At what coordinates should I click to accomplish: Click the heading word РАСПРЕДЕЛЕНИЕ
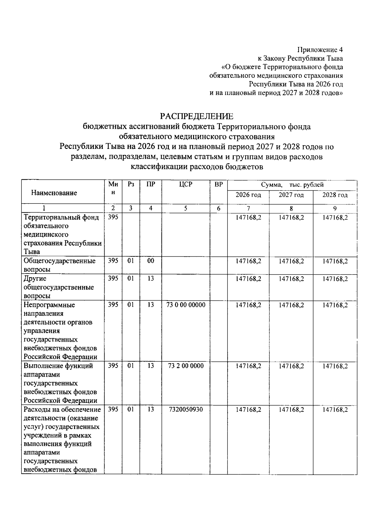[196, 116]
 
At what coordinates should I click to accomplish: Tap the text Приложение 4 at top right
[320, 50]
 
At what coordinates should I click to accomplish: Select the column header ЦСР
[186, 185]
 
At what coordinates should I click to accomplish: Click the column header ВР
[219, 185]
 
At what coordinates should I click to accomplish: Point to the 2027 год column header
[291, 195]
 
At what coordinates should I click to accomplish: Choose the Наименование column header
[54, 193]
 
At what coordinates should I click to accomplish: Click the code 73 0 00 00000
[186, 305]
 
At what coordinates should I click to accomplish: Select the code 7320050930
[186, 410]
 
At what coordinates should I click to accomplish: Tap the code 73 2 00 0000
[186, 366]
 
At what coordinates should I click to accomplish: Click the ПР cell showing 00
[150, 261]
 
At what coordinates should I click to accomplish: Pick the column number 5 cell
[186, 208]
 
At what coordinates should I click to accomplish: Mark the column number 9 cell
[335, 208]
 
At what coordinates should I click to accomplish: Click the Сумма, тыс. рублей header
[292, 185]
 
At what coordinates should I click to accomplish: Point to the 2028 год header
[335, 195]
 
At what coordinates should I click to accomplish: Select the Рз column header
[131, 184]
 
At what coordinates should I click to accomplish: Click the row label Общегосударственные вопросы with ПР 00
[59, 265]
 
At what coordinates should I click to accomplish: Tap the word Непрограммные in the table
[49, 305]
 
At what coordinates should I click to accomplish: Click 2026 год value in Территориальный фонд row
[248, 217]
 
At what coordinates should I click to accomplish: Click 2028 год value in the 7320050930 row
[335, 410]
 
